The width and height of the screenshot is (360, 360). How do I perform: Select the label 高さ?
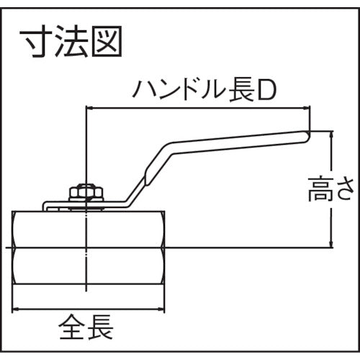pos(335,192)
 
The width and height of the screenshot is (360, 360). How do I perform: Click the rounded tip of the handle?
pos(305,133)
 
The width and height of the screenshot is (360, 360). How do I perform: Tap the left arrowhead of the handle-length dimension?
pos(89,108)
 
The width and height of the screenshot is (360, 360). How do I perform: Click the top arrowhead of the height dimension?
pos(332,135)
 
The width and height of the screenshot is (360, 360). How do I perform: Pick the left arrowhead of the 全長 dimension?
pos(17,309)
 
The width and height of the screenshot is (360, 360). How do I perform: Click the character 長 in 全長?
pos(100,330)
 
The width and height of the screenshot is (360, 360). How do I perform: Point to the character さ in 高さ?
pos(347,192)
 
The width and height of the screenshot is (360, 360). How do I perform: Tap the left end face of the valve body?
pos(14,248)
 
